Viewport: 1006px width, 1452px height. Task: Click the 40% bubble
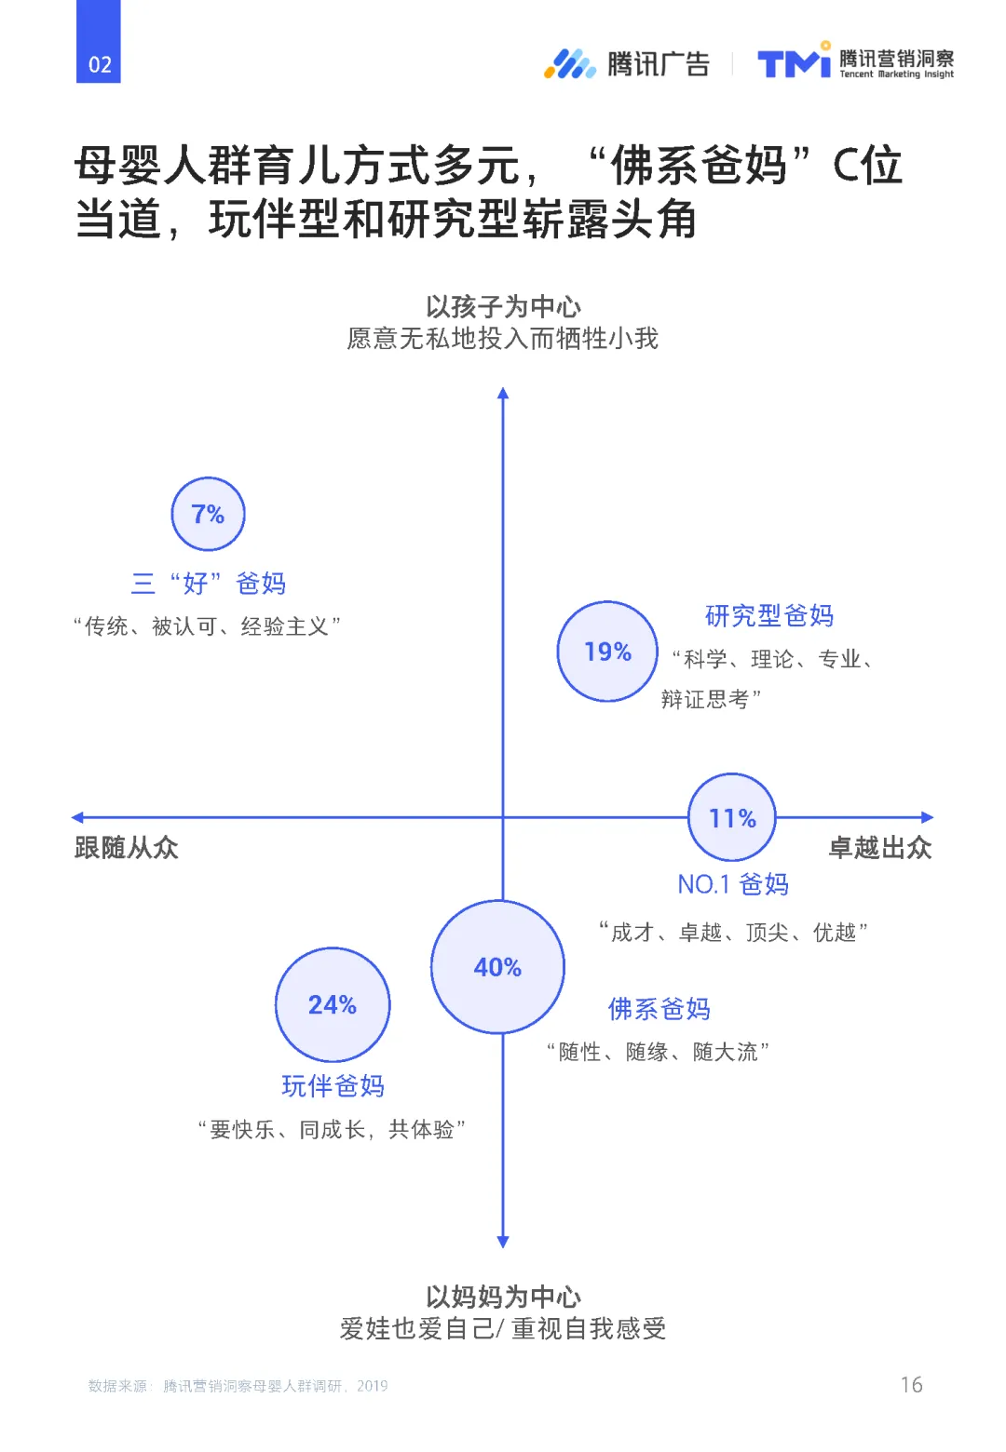[497, 967]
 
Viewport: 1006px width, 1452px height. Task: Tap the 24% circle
[333, 1004]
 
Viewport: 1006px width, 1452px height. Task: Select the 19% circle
[607, 652]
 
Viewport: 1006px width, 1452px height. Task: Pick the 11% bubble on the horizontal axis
[732, 818]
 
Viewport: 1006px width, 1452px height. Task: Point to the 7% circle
[208, 514]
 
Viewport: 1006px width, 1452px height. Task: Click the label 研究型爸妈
[769, 615]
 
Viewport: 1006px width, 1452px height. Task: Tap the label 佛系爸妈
[659, 1009]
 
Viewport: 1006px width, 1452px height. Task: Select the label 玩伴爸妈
[333, 1085]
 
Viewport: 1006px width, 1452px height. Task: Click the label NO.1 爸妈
[733, 884]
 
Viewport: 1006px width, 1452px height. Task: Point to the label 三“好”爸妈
[209, 584]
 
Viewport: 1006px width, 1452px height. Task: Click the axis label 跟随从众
[126, 848]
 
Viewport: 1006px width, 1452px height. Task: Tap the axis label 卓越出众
[880, 848]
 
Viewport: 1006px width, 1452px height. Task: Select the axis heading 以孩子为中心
[503, 306]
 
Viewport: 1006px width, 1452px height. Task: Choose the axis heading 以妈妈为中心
[503, 1297]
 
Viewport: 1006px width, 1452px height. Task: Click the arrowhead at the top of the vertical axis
[503, 393]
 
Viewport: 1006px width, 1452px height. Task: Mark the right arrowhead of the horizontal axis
[927, 817]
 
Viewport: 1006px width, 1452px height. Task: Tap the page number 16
[912, 1385]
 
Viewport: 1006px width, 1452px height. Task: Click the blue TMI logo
[794, 62]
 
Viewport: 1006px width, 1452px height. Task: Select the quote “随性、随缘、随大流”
[658, 1052]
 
